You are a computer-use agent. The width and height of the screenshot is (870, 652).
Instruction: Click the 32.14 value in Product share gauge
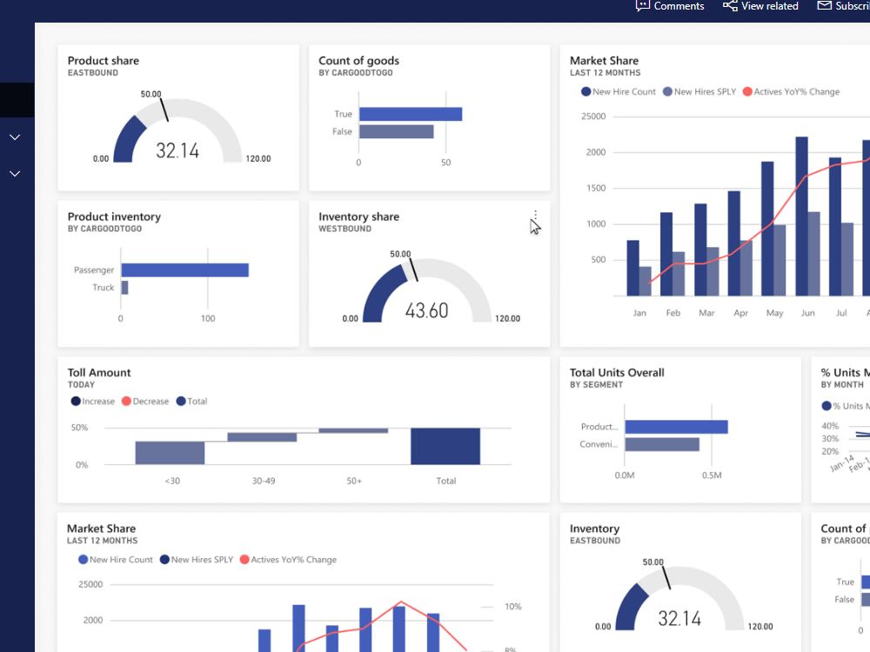[x=177, y=150]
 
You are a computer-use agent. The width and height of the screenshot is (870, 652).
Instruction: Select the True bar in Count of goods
[x=410, y=114]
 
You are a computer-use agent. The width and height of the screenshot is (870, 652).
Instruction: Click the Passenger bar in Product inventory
[x=184, y=270]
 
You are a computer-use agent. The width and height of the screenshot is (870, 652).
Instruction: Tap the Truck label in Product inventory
[x=104, y=288]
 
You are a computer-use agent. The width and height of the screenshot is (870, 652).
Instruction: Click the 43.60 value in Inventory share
[x=426, y=310]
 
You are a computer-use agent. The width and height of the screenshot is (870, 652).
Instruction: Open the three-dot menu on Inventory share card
[x=535, y=216]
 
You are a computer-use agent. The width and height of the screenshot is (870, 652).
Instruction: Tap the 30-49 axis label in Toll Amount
[x=262, y=481]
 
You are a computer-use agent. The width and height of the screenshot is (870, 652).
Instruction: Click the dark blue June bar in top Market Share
[x=802, y=216]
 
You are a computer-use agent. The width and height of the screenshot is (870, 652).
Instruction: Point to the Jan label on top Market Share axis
[x=639, y=313]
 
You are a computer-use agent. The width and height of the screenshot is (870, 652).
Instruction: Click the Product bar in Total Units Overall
[x=676, y=427]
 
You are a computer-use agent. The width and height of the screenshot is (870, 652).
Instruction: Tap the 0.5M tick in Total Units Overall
[x=712, y=476]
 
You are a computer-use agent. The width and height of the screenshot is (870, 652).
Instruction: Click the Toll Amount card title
[x=99, y=373]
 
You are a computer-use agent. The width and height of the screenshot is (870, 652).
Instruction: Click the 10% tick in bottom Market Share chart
[x=512, y=606]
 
